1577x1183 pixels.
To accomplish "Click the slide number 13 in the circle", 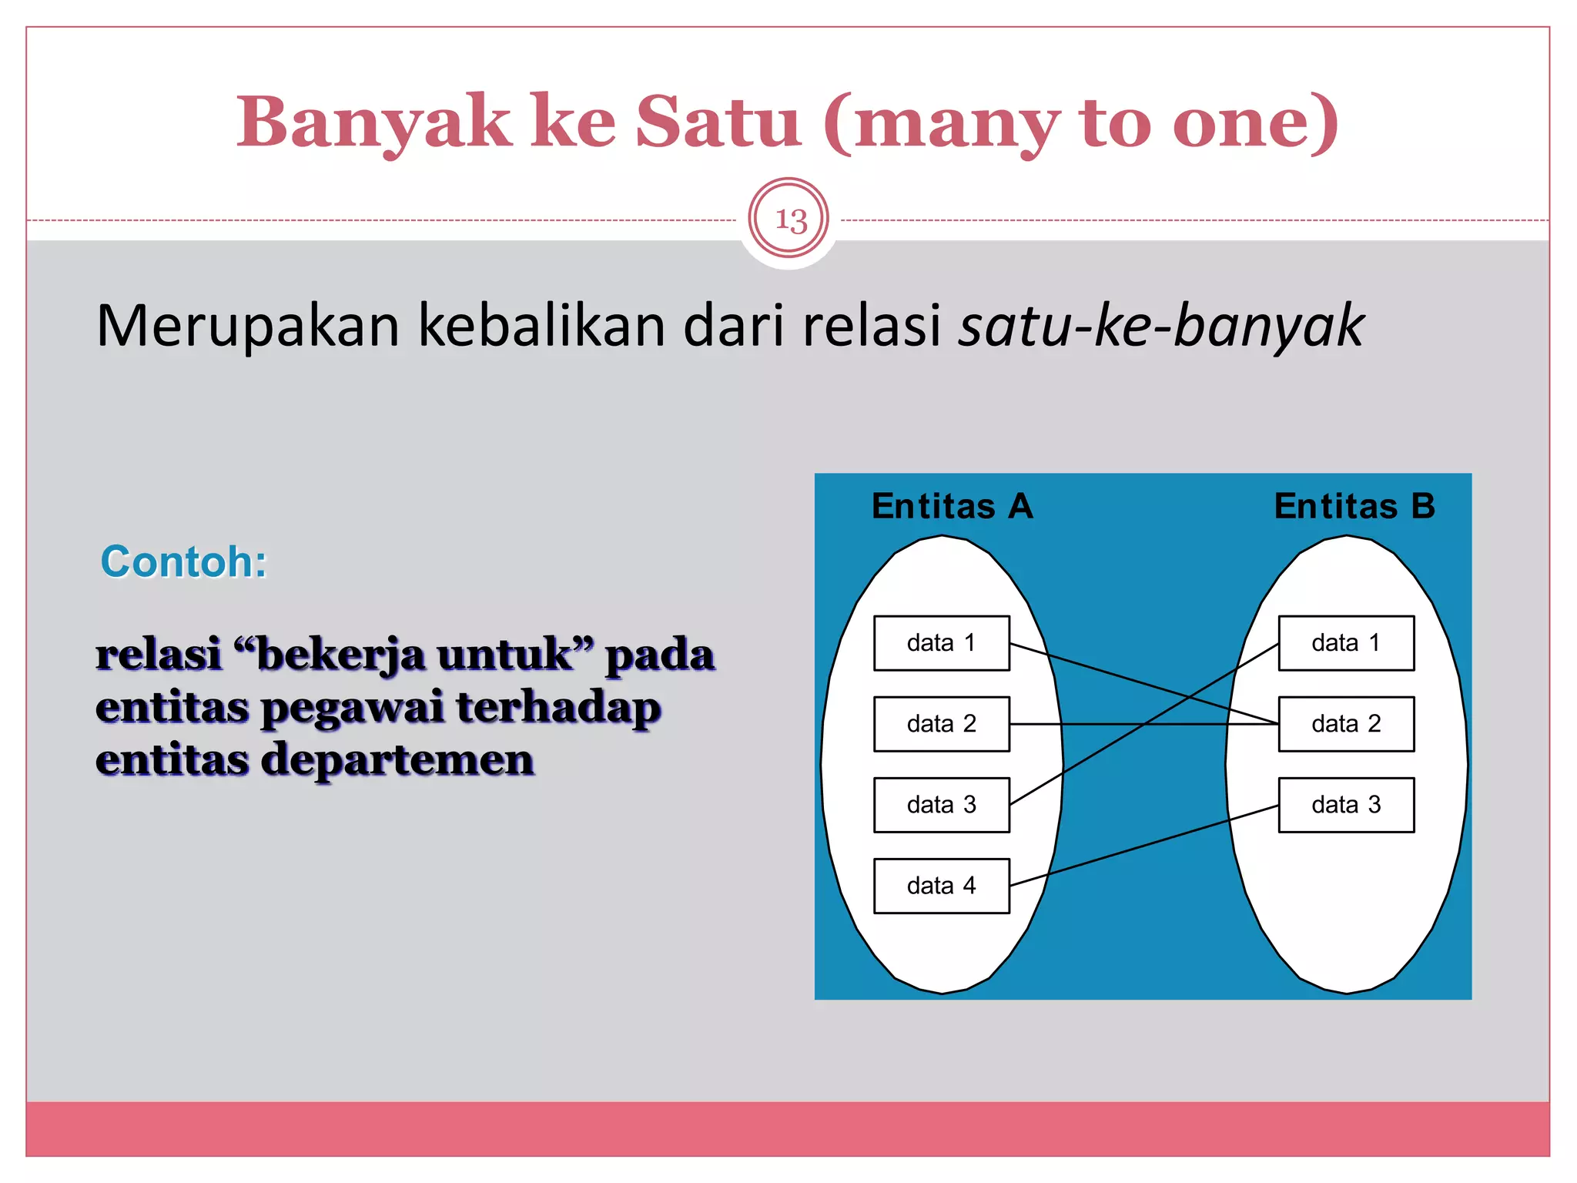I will pos(789,220).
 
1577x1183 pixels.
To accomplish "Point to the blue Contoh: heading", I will pos(184,561).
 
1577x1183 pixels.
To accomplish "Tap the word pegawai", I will pos(352,708).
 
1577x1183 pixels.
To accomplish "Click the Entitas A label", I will pos(952,507).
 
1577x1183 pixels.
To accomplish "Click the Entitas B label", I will pos(1354,507).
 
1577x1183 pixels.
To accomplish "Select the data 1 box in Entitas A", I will pos(941,643).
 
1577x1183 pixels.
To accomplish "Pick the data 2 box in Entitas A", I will pos(941,724).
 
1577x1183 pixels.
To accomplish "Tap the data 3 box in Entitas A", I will pos(941,805).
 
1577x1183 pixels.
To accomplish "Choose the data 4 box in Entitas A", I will pos(941,886).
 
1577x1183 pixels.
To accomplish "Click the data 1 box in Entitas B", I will pos(1346,643).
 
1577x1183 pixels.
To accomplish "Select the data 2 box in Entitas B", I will pos(1346,724).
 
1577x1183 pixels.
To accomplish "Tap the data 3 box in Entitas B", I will pos(1346,805).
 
